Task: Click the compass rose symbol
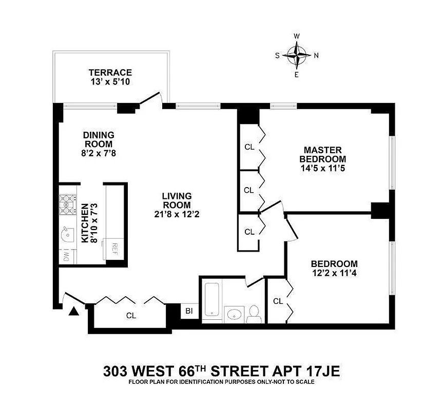[297, 55]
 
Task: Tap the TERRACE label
[110, 73]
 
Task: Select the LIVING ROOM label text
[177, 200]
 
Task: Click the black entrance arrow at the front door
[74, 310]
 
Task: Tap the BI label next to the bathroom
[189, 311]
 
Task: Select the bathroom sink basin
[234, 313]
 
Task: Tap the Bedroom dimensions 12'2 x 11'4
[334, 273]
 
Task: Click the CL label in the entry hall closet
[131, 316]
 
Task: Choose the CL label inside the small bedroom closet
[278, 301]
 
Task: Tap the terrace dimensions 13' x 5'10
[110, 81]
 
